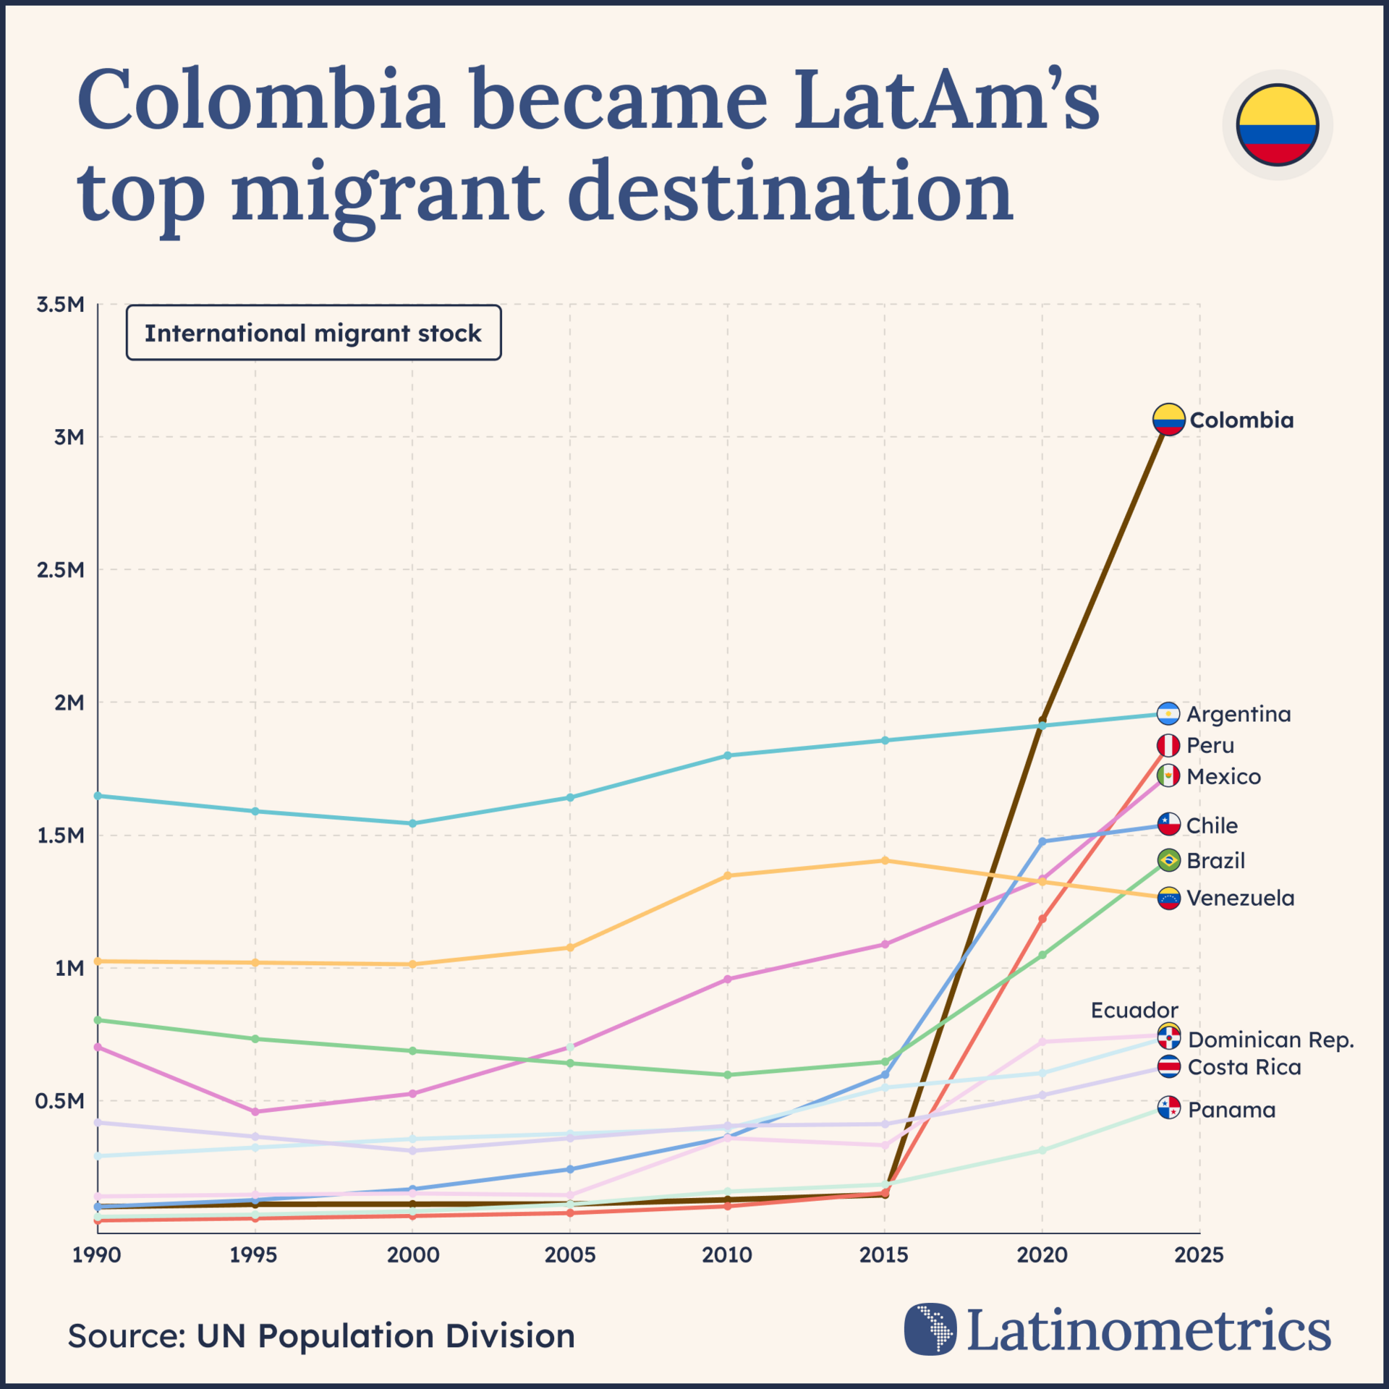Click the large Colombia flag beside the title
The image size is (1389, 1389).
pyautogui.click(x=1278, y=125)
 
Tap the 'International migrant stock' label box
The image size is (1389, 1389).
pyautogui.click(x=313, y=333)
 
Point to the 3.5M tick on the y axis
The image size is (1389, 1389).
pyautogui.click(x=61, y=305)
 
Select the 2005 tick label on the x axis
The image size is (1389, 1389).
pyautogui.click(x=570, y=1254)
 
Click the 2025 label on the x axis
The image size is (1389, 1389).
pyautogui.click(x=1199, y=1254)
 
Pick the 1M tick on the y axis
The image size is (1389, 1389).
pyautogui.click(x=69, y=968)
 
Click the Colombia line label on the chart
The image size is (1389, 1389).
pyautogui.click(x=1241, y=420)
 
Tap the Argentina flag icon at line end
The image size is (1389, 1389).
pyautogui.click(x=1168, y=714)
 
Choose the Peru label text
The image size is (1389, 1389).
pyautogui.click(x=1210, y=745)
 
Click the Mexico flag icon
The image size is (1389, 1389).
pyautogui.click(x=1168, y=776)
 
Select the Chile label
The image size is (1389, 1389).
pyautogui.click(x=1212, y=825)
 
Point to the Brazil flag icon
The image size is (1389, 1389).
pyautogui.click(x=1169, y=861)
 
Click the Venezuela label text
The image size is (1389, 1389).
pyautogui.click(x=1241, y=899)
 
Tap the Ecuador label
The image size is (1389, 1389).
pyautogui.click(x=1134, y=1010)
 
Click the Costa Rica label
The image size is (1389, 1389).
pyautogui.click(x=1244, y=1067)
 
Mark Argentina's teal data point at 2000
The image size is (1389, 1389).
pyautogui.click(x=413, y=823)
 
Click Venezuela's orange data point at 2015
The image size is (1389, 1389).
pyautogui.click(x=885, y=860)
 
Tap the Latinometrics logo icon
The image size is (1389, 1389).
pyautogui.click(x=930, y=1328)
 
